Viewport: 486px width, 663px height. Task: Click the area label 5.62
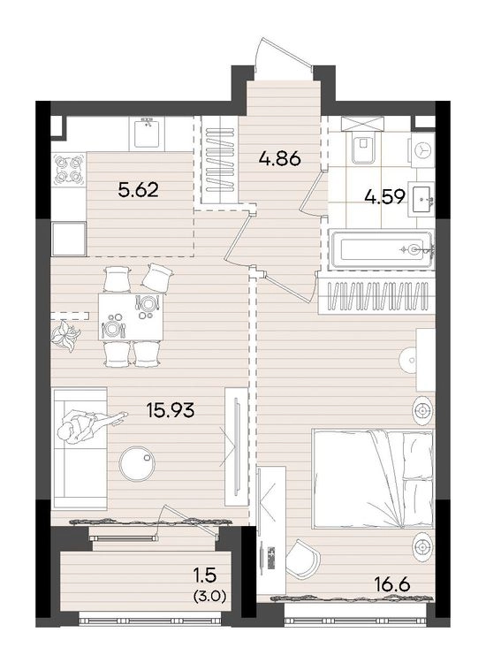coord(139,191)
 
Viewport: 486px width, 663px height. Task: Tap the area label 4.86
coord(279,158)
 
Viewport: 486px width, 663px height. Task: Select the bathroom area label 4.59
coord(385,196)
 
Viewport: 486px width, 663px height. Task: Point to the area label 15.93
coord(170,409)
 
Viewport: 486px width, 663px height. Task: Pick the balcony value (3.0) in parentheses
coord(209,597)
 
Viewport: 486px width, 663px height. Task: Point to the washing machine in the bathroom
coord(421,150)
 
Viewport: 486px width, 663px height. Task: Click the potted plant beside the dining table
coord(65,336)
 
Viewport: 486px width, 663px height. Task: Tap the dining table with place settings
coord(131,316)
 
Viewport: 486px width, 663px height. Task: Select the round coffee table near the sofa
coord(137,464)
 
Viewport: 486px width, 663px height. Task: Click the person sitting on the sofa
coord(86,428)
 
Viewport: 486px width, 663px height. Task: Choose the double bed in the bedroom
coord(373,478)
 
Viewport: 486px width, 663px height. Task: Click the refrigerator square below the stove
coord(68,239)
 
